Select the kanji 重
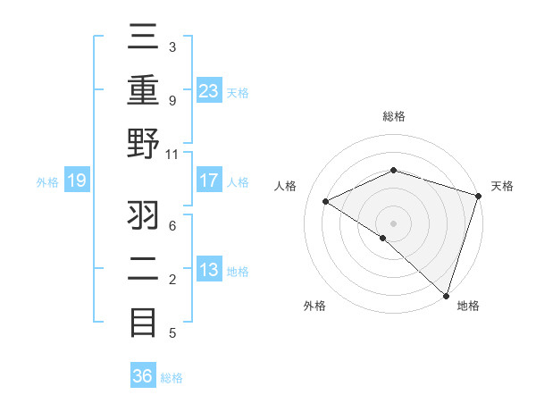(144, 91)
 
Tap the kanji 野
(144, 145)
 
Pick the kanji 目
(144, 321)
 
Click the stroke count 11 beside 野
(172, 154)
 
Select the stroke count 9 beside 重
(172, 100)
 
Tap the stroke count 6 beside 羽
(172, 226)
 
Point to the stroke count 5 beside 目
(172, 333)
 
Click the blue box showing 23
(208, 91)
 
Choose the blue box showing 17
(208, 181)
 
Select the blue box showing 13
(208, 270)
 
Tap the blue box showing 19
(76, 181)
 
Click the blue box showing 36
(143, 376)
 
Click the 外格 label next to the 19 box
(47, 182)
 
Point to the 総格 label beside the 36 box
(172, 377)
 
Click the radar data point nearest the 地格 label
(446, 295)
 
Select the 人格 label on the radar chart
(286, 186)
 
